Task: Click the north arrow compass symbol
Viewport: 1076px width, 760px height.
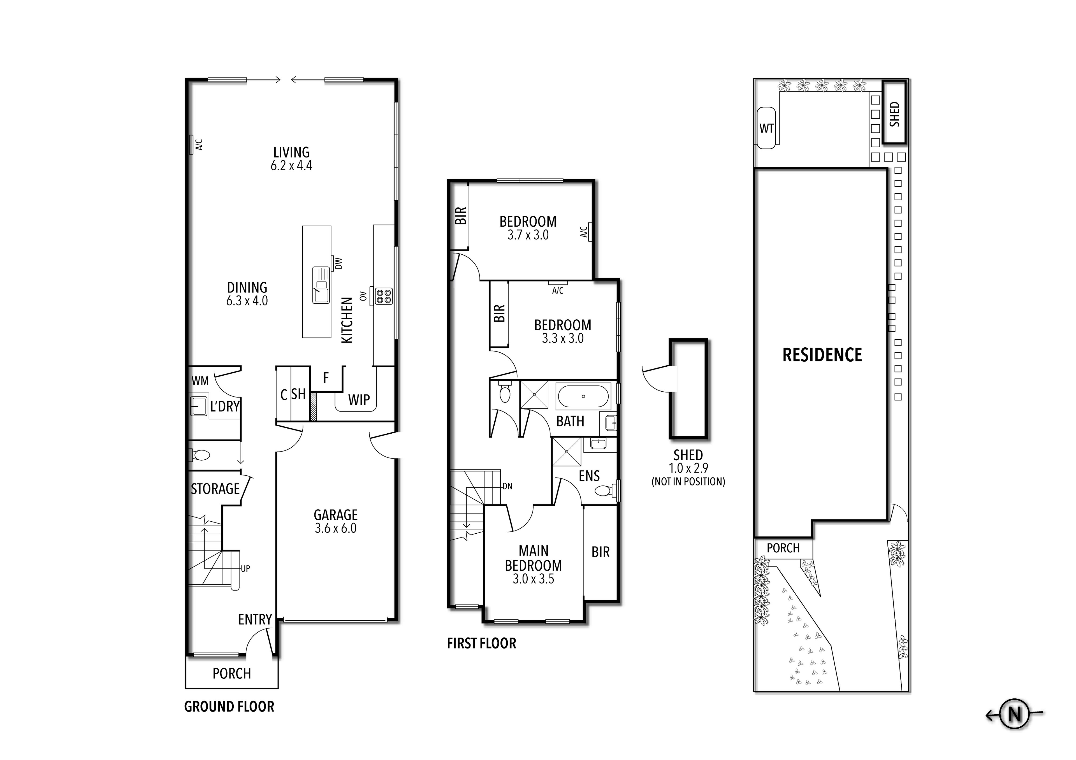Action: tap(1014, 715)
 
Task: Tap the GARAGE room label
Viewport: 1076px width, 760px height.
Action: tap(335, 515)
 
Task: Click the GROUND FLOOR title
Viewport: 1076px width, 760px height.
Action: tap(229, 706)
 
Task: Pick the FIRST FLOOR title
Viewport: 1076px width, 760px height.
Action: tap(481, 643)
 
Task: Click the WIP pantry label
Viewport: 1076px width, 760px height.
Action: tap(359, 400)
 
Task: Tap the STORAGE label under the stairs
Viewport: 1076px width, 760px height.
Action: tap(215, 489)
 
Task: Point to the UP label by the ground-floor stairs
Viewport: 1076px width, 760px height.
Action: tap(245, 569)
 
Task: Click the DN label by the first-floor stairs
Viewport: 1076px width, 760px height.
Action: tap(507, 486)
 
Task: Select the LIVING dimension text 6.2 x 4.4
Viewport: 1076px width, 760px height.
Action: tap(291, 165)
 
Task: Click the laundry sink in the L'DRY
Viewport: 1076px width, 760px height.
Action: tap(199, 406)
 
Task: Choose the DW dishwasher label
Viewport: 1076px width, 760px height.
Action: tap(339, 263)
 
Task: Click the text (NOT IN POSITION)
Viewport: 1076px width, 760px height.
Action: tap(688, 482)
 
